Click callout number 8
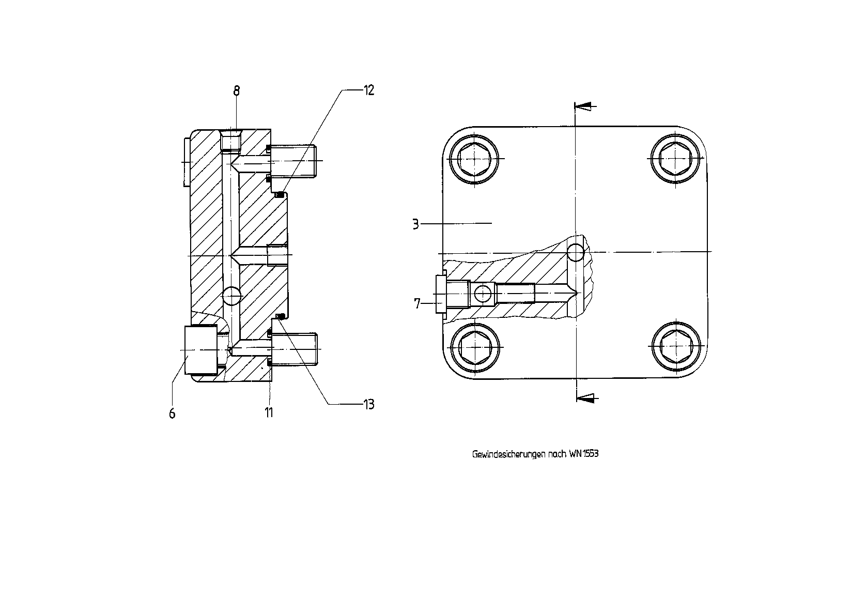pos(237,91)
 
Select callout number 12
pos(369,90)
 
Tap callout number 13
pos(369,405)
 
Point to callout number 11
pos(269,412)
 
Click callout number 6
pos(172,413)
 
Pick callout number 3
pos(415,224)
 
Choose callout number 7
pos(417,303)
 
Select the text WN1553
pos(584,454)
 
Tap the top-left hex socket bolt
pos(474,159)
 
